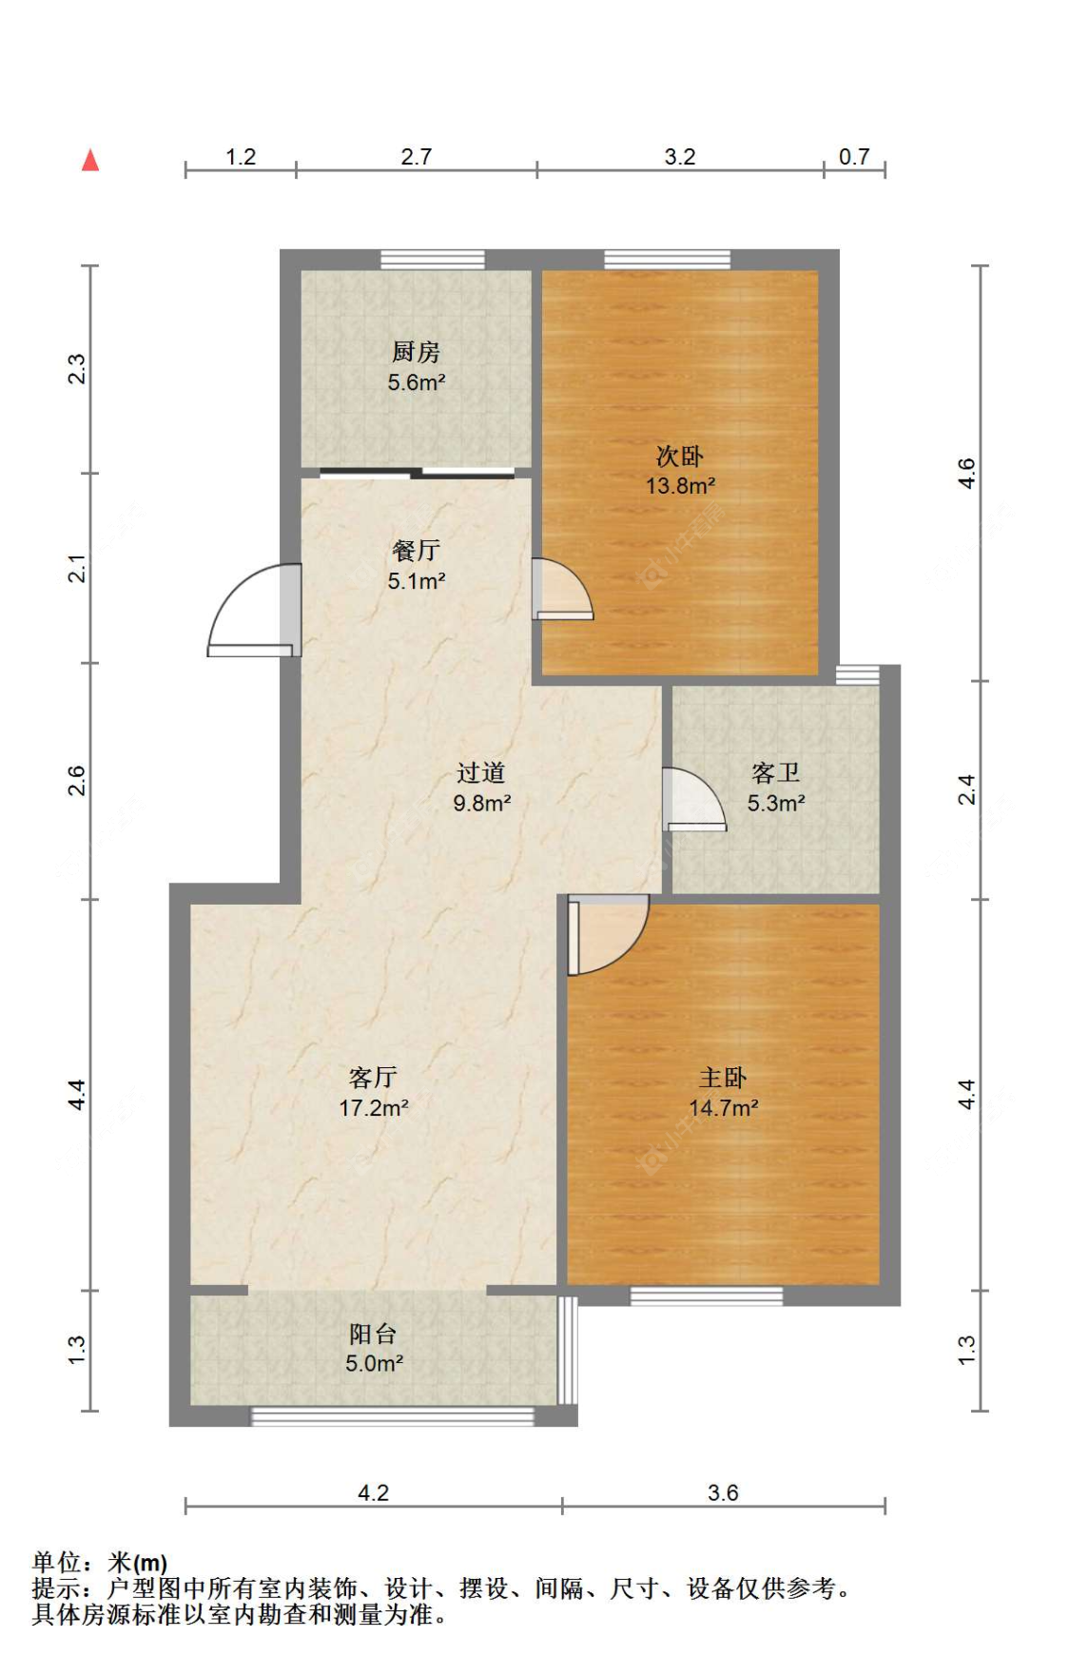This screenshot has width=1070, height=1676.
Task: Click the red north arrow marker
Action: [90, 160]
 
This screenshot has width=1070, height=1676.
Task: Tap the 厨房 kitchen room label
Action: [416, 352]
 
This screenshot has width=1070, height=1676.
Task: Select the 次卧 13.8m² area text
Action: [680, 485]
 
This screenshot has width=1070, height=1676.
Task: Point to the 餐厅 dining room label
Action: [416, 550]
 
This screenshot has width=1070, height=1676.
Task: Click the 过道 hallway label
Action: [481, 772]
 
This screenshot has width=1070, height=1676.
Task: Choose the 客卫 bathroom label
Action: [775, 772]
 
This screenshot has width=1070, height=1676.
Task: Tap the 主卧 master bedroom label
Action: [723, 1077]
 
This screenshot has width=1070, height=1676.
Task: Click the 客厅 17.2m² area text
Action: [374, 1107]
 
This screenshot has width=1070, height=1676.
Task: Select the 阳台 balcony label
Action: [373, 1334]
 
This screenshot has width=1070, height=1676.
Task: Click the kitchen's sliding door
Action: [417, 472]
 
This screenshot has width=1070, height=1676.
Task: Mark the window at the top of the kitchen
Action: [433, 260]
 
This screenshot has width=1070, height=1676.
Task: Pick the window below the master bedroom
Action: [707, 1296]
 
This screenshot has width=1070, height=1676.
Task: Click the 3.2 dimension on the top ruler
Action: [680, 157]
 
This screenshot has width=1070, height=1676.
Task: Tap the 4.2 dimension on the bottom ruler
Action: [373, 1492]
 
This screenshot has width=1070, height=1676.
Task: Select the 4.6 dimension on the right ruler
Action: [966, 473]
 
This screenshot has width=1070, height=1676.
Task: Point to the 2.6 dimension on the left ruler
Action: [77, 781]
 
